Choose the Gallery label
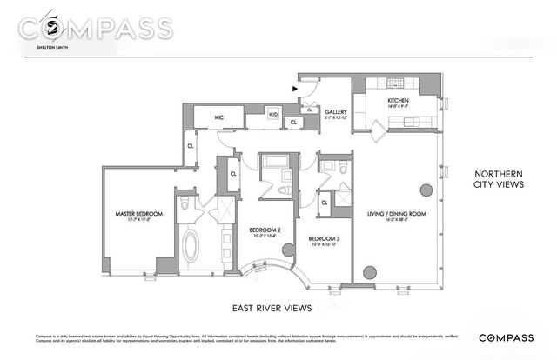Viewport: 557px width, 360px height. coord(337,111)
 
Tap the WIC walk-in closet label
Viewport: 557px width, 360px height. coord(211,117)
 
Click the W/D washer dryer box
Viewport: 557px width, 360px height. coord(272,113)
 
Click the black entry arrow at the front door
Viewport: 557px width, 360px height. coord(296,87)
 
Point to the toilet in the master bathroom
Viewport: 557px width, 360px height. coord(184,205)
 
